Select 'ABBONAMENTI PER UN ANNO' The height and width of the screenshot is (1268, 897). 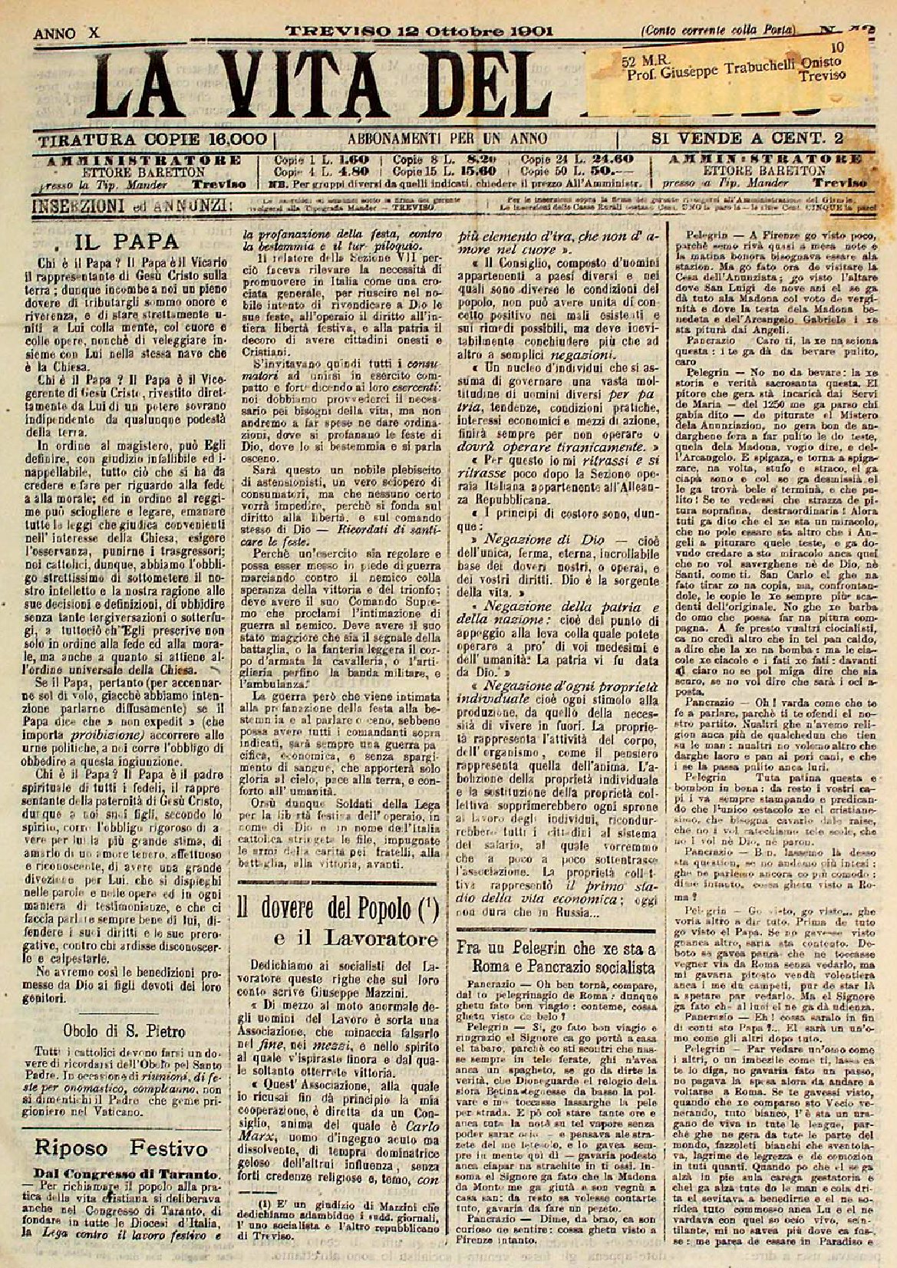447,140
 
